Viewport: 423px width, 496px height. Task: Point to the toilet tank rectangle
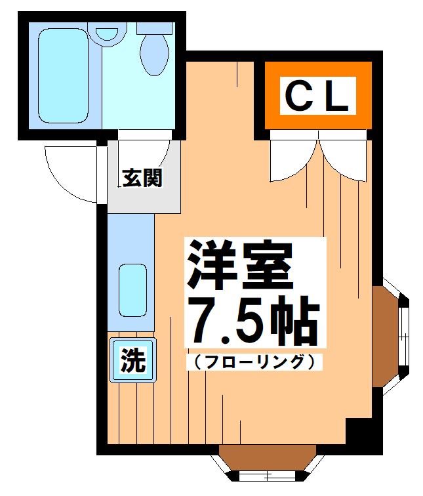coord(156,28)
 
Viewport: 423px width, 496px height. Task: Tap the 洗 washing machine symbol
coord(133,360)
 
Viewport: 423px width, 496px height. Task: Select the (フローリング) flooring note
coord(255,360)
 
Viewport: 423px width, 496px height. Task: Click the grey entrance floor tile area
coord(144,197)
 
